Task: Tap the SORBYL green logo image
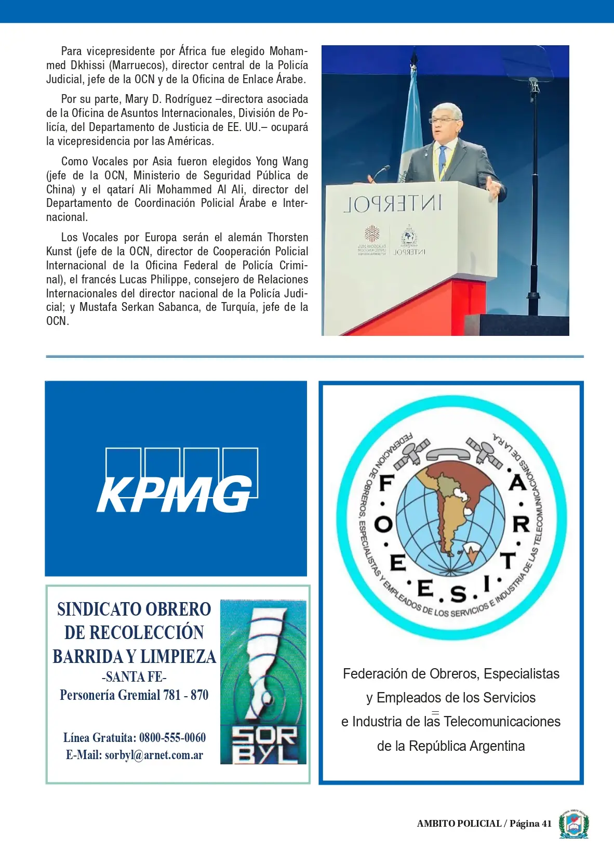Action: tap(263, 682)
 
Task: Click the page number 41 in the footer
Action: tap(546, 824)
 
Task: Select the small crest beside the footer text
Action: tap(573, 824)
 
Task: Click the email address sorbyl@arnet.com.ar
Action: tap(154, 755)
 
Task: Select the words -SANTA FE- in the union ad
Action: tap(134, 677)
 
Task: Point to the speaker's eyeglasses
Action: tap(443, 120)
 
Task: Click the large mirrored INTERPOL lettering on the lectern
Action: tap(393, 204)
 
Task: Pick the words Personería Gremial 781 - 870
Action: tap(134, 695)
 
